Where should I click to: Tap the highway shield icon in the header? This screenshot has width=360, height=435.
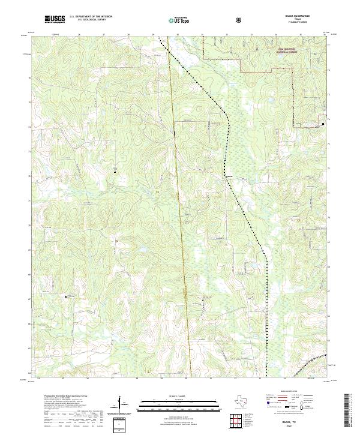(239, 19)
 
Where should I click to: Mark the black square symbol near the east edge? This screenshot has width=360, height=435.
(323, 124)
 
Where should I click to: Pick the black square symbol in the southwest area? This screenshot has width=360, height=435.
(66, 296)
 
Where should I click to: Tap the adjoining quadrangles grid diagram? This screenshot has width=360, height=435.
(236, 421)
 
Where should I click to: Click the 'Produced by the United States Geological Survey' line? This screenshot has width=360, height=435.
(63, 397)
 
